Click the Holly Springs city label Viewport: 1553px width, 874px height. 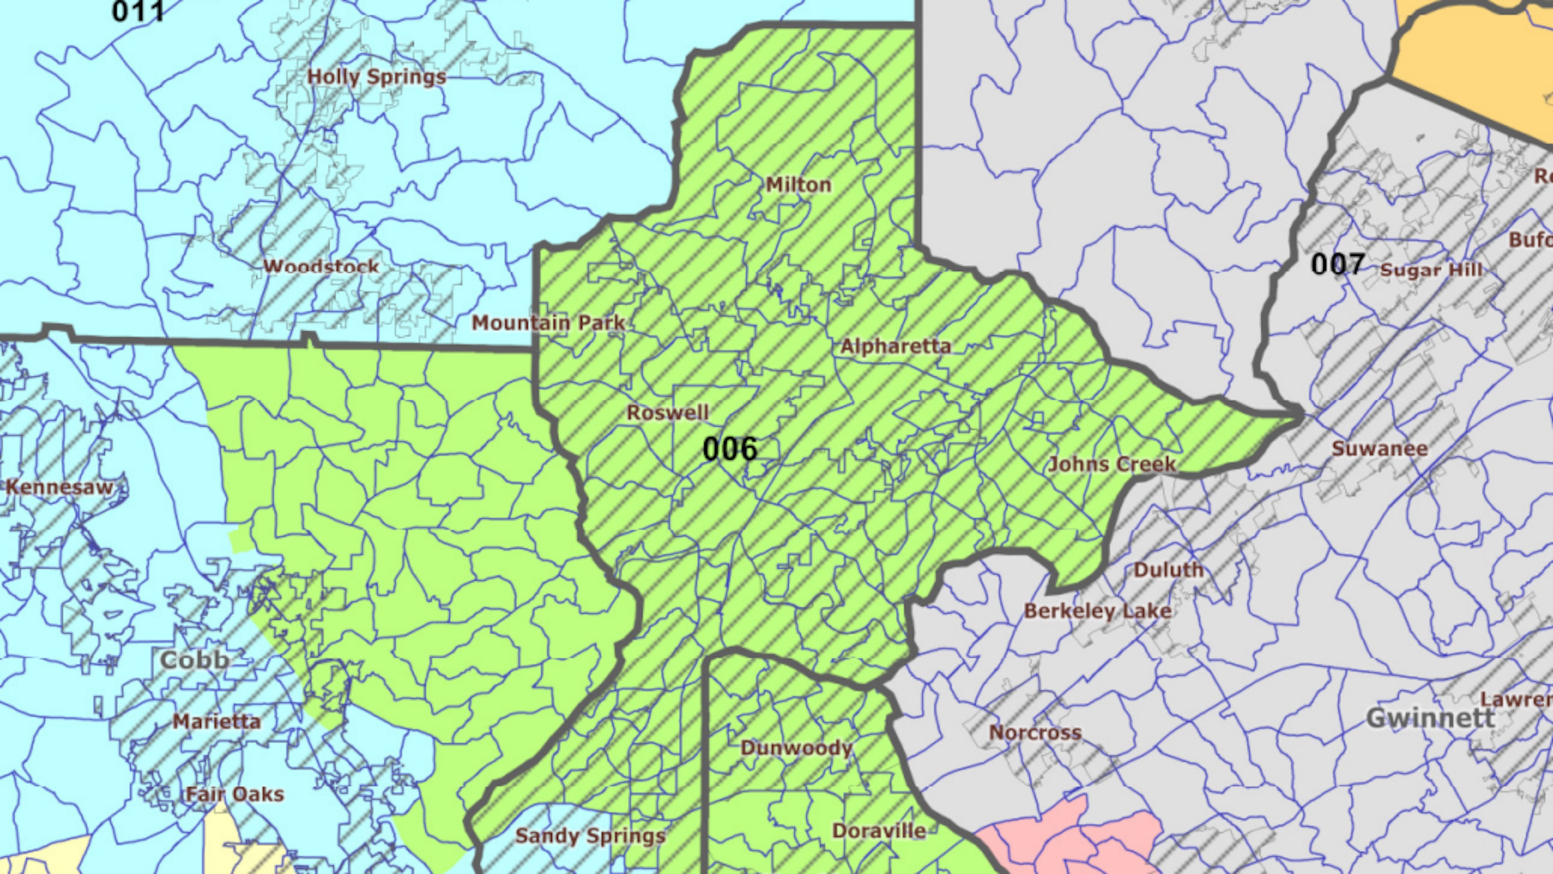pyautogui.click(x=377, y=77)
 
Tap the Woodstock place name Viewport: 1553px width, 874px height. pyautogui.click(x=322, y=267)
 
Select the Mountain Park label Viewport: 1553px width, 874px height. pyautogui.click(x=548, y=323)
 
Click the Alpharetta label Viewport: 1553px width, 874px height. pyautogui.click(x=896, y=346)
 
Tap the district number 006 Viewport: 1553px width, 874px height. pyautogui.click(x=730, y=449)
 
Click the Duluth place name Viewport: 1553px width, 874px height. pyautogui.click(x=1169, y=570)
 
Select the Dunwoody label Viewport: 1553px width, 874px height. pyautogui.click(x=796, y=748)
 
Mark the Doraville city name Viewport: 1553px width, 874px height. pyautogui.click(x=879, y=831)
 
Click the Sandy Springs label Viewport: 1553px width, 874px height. pyautogui.click(x=590, y=836)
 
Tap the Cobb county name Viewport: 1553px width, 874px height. pyautogui.click(x=195, y=659)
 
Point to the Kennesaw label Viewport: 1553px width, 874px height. pyautogui.click(x=59, y=487)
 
